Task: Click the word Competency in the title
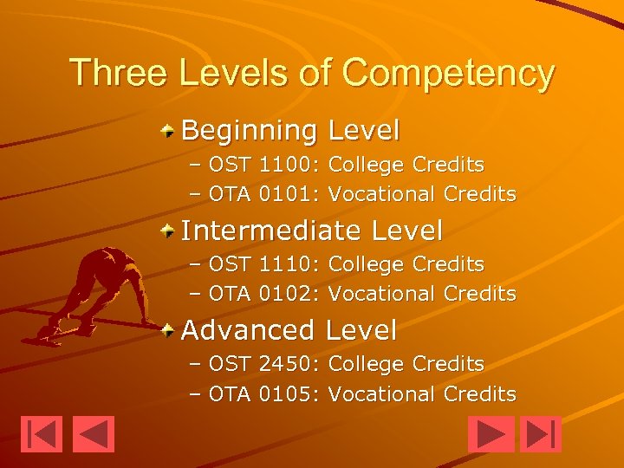[448, 74]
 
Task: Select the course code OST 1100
[263, 165]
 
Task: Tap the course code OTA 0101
[263, 194]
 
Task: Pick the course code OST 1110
[263, 264]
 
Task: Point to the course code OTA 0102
[263, 294]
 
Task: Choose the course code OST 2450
[263, 364]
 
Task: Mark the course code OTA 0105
[263, 393]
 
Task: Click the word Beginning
[250, 132]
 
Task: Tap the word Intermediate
[271, 231]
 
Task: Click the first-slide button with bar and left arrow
[42, 434]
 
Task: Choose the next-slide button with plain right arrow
[491, 434]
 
